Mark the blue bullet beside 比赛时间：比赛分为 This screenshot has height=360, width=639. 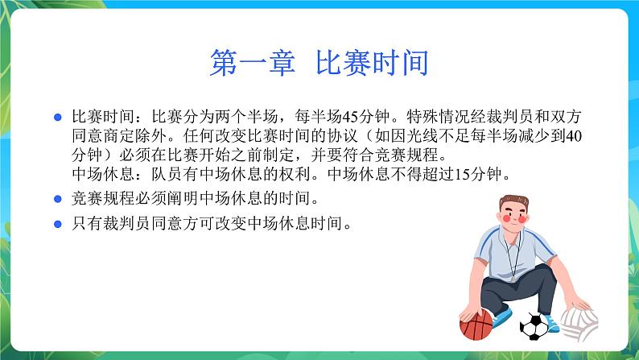click(57, 118)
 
